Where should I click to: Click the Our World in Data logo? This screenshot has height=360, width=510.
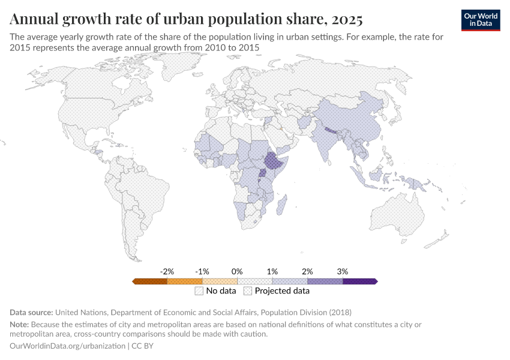(480, 20)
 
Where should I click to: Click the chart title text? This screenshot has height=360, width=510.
(186, 19)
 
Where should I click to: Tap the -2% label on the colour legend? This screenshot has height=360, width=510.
(167, 271)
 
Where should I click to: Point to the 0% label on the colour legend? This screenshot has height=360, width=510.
(237, 271)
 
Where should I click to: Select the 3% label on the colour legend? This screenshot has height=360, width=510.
(342, 271)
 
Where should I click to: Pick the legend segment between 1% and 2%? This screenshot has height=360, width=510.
(290, 281)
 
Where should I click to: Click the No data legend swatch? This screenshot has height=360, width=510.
(199, 292)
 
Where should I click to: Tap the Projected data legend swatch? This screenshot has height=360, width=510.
(248, 292)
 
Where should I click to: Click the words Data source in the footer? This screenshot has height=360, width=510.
(31, 313)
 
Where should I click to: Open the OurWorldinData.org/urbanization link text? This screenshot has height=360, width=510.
(68, 346)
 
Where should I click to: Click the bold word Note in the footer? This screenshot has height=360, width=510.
(19, 325)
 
